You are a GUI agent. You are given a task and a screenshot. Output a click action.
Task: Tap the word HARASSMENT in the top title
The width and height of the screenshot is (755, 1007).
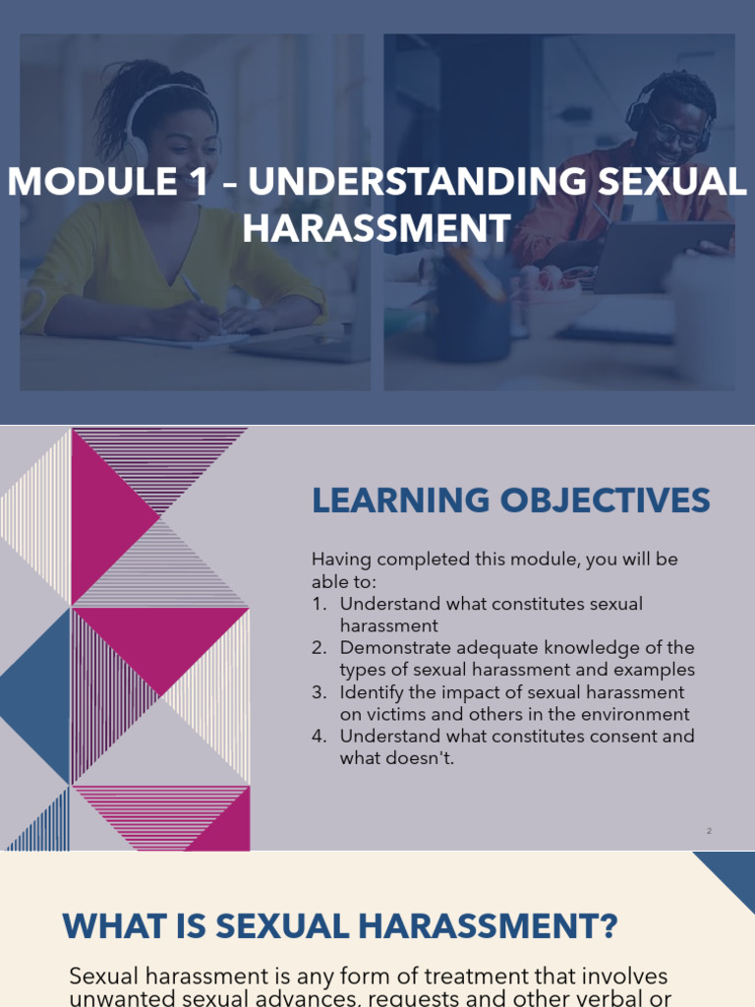(x=377, y=227)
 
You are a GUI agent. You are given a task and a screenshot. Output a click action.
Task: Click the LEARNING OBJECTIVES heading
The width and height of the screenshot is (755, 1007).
(x=510, y=501)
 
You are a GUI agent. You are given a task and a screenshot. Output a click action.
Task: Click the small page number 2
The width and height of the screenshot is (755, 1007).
(x=709, y=831)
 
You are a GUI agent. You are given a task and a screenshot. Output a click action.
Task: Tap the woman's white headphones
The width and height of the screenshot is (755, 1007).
(x=138, y=138)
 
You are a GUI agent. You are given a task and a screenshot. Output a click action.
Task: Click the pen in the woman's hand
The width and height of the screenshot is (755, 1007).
(x=193, y=289)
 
